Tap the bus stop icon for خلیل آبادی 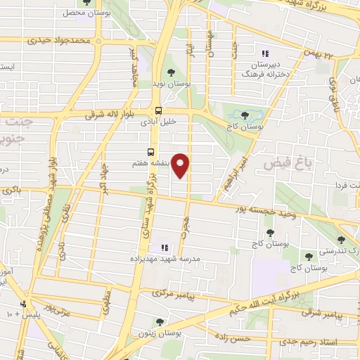[x=158, y=110]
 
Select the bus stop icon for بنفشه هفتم [x=151, y=152]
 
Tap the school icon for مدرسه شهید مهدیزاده [x=165, y=247]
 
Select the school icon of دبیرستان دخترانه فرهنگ [x=265, y=53]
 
